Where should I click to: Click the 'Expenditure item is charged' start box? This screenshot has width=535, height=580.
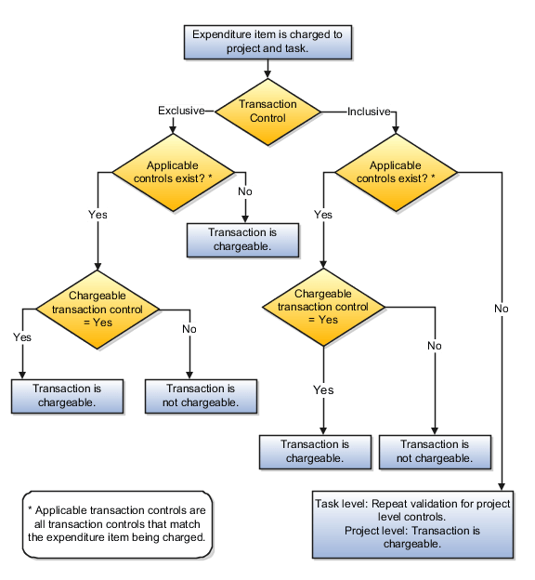pos(267,42)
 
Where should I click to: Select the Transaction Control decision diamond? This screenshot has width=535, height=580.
pos(267,112)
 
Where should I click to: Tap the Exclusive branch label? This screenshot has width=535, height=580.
pos(180,111)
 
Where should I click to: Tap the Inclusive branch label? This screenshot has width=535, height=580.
pos(368,112)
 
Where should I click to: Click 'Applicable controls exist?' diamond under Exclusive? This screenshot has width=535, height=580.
pos(177,170)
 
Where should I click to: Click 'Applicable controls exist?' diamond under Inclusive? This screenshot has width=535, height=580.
pos(396,171)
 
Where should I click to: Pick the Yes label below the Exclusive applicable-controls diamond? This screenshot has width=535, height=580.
pos(98,214)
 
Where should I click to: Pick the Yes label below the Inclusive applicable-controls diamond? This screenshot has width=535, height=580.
pos(322,215)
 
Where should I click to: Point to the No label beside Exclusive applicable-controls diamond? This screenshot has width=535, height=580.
pos(245,192)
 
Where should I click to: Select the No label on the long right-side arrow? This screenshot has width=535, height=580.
pos(502,308)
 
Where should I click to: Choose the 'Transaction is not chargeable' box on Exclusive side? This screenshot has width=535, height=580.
pos(201,395)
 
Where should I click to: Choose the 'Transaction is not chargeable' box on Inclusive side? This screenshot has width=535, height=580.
pos(435,451)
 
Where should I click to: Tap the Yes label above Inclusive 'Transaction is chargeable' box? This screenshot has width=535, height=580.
pos(322,390)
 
